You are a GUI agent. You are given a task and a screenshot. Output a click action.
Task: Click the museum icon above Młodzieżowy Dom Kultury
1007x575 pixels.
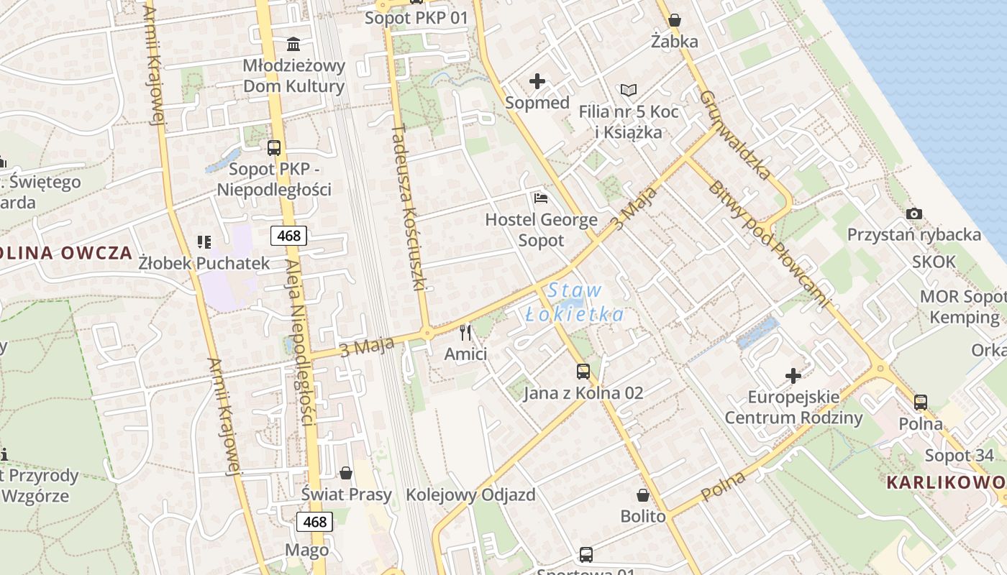point(293,45)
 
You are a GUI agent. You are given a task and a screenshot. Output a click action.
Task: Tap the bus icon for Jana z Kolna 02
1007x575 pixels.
point(583,372)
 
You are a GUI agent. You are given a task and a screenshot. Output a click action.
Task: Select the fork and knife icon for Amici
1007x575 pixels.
point(465,332)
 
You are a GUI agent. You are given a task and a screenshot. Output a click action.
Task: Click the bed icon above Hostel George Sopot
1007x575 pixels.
point(541,198)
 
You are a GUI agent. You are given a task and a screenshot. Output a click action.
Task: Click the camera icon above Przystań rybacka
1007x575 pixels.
point(914,213)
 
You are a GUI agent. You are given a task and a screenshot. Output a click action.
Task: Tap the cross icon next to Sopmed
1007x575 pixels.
point(537,81)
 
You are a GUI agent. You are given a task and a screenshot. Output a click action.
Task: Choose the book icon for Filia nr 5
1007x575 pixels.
point(629,91)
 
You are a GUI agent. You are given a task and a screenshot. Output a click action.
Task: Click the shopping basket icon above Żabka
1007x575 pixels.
point(675,20)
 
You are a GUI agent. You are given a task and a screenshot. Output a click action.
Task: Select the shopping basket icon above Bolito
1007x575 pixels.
point(643,495)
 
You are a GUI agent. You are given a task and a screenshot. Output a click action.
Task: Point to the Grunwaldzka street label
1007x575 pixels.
point(735,134)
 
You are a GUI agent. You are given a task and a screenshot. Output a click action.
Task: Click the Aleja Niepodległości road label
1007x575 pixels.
point(301,342)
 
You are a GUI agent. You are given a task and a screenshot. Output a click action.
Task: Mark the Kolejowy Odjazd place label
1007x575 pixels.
point(470,494)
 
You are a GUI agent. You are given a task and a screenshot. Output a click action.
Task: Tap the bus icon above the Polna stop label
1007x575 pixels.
point(921,402)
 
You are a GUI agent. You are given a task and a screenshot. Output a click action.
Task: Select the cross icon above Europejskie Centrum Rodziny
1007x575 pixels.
point(793,375)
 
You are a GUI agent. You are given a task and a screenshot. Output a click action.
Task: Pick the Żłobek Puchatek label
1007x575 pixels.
point(204,263)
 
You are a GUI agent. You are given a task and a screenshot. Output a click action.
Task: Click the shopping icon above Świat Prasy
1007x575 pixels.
point(346,473)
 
